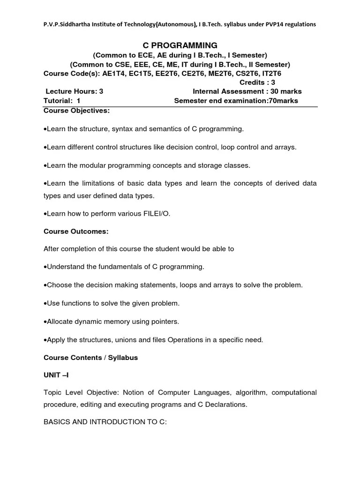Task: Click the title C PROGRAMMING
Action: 180,45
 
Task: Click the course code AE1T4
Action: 124,74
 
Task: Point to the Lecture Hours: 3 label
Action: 74,91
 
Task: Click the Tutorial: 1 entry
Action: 62,101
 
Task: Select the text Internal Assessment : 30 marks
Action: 247,91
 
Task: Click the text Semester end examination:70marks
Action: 236,101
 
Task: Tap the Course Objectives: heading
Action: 76,111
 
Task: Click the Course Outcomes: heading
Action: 76,232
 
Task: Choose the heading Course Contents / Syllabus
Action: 90,358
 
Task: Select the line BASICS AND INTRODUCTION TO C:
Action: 105,422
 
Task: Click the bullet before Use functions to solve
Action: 45,304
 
